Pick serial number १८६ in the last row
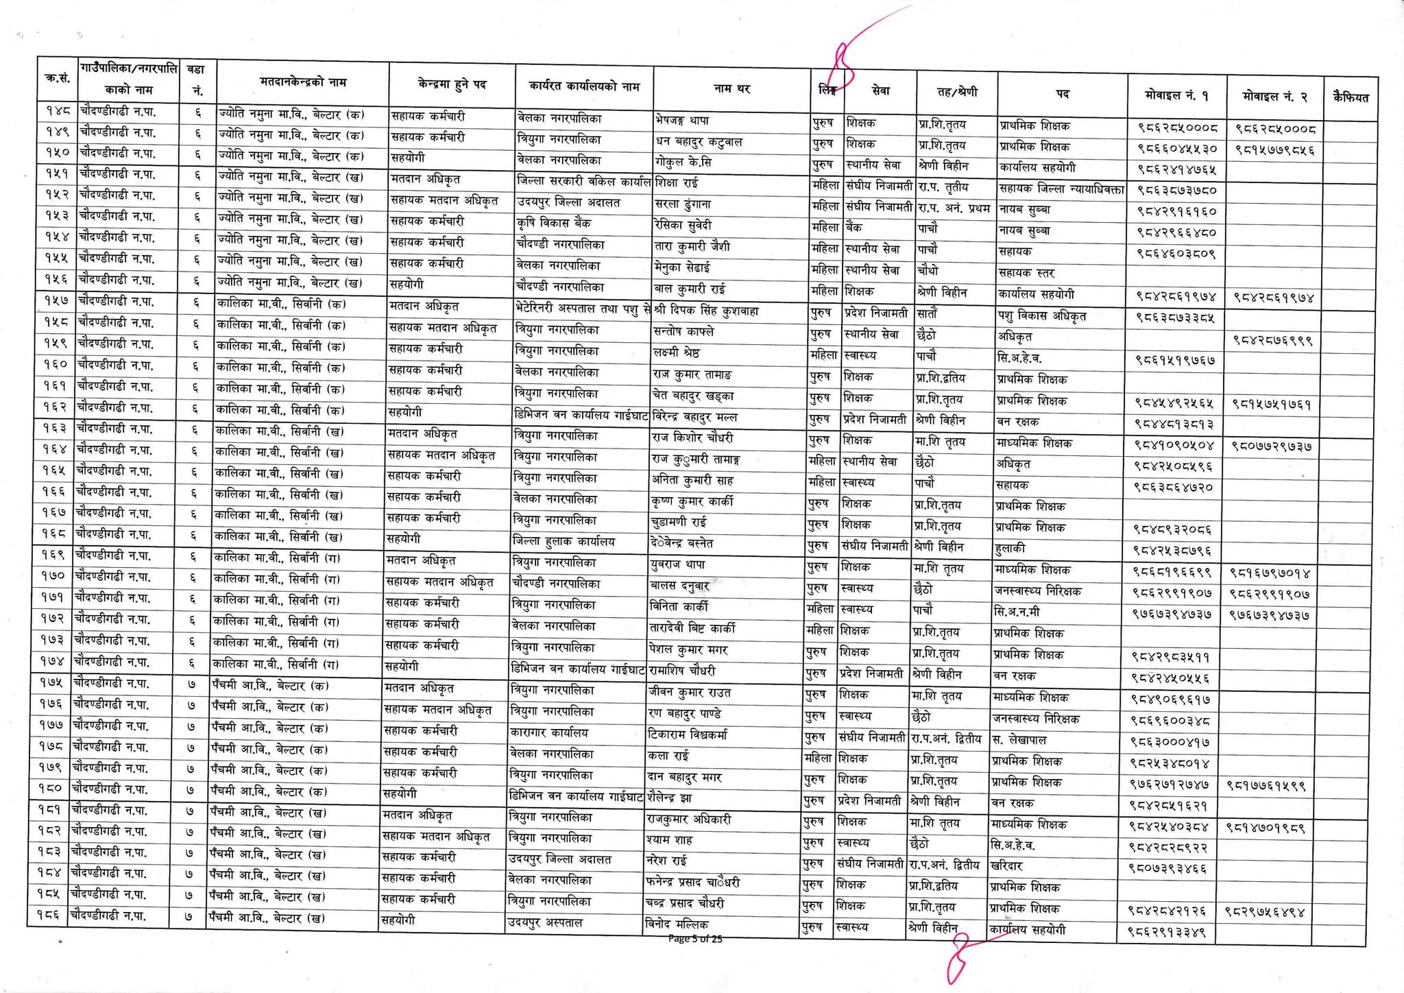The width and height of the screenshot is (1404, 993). tap(48, 917)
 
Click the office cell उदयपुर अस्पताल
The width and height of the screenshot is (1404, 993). tap(544, 923)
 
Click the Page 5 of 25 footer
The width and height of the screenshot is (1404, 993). tap(695, 939)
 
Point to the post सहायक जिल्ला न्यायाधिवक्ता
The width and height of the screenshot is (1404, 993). tap(1061, 189)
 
